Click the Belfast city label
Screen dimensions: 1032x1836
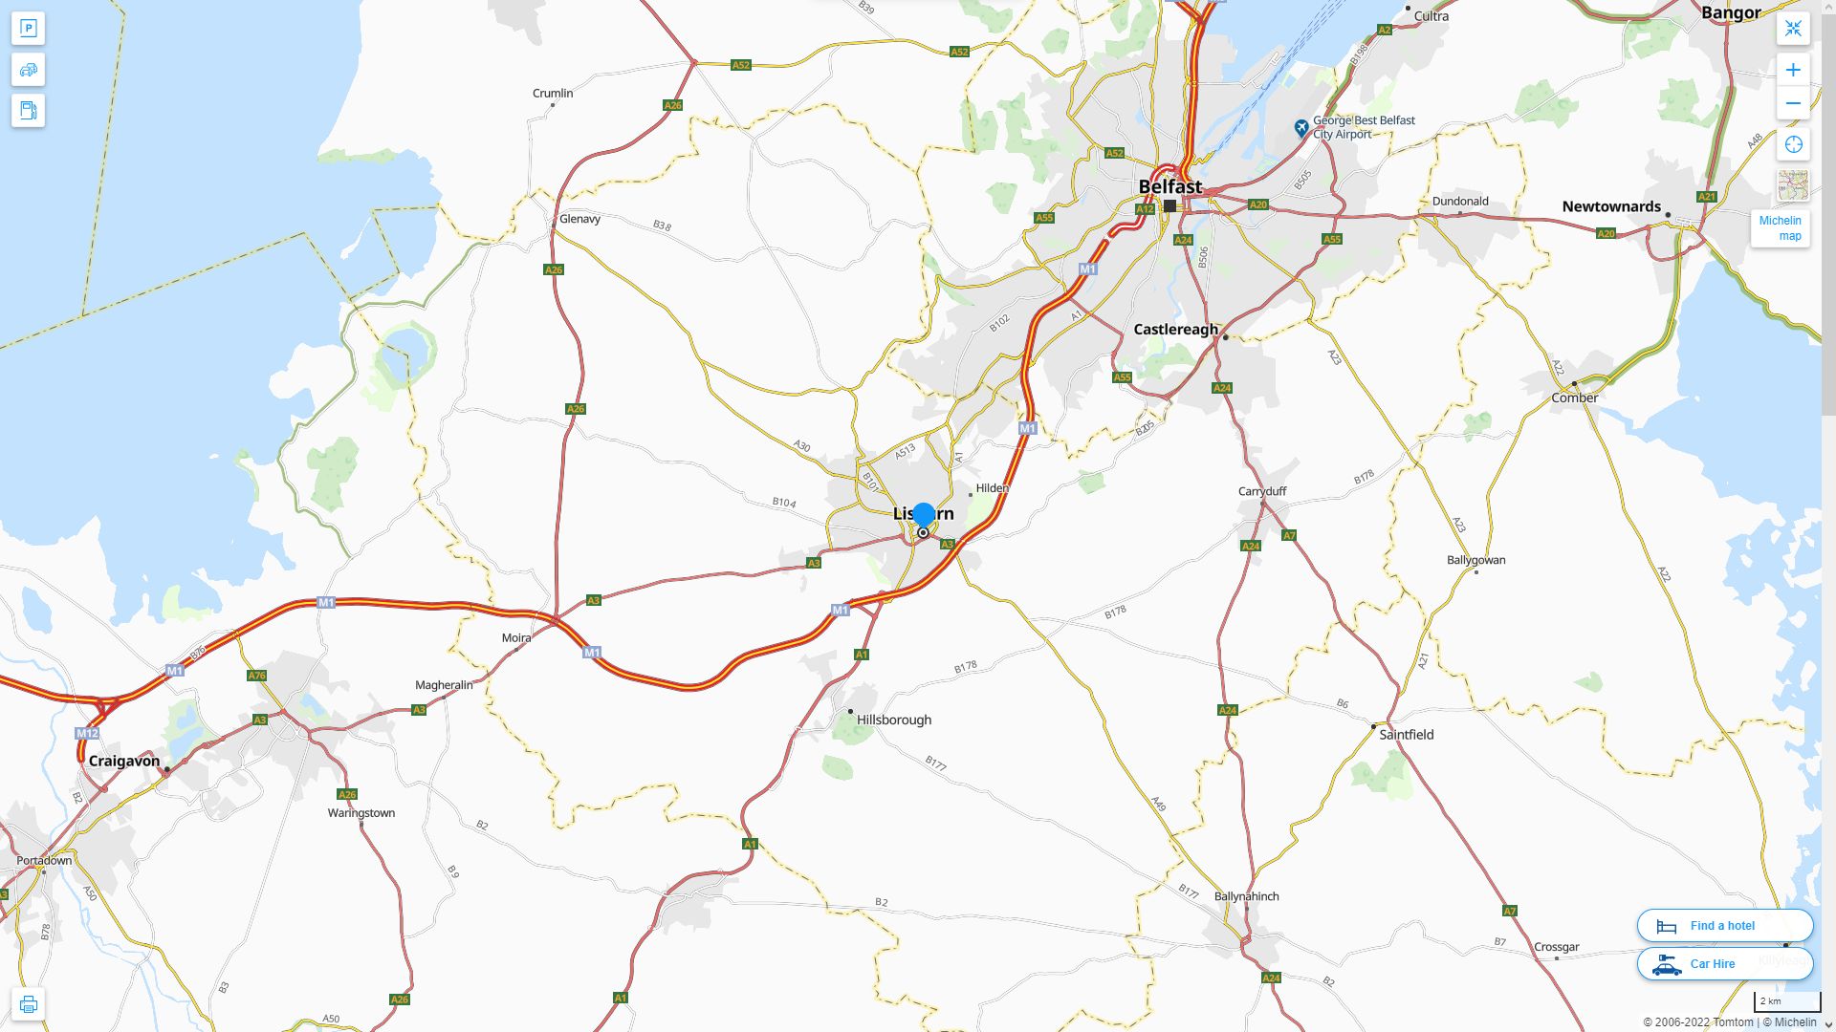pos(1169,186)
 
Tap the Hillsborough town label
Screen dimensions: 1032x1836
pos(893,720)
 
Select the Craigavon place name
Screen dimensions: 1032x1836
pos(123,761)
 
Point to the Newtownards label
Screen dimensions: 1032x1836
pos(1610,206)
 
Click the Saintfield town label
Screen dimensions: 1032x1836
pos(1406,735)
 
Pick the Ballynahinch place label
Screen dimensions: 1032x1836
pos(1246,896)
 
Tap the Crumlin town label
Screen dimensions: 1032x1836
pos(552,93)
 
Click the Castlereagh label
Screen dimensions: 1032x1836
pos(1175,330)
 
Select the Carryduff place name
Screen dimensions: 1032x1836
pos(1262,491)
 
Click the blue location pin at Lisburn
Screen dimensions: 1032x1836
pos(924,515)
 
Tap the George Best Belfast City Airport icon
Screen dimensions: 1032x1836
pos(1300,127)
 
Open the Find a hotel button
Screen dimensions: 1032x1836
pos(1724,926)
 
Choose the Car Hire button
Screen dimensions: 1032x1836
pos(1724,964)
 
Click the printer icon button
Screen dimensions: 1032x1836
pos(28,1004)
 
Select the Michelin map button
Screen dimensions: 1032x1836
pos(1780,228)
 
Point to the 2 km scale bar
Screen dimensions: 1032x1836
pos(1786,1002)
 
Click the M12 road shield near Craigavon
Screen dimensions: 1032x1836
pos(87,734)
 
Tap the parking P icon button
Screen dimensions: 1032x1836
pos(28,29)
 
